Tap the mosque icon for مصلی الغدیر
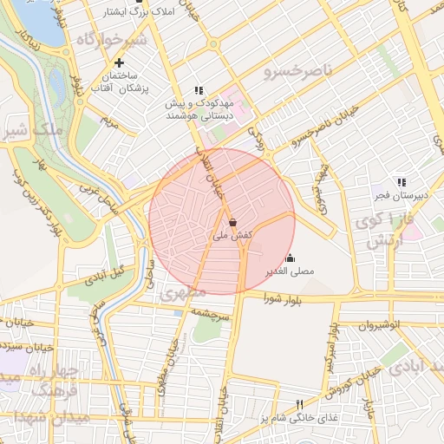(290, 258)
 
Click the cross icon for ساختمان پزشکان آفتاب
(119, 62)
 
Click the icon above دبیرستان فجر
(400, 182)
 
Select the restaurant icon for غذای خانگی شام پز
(300, 404)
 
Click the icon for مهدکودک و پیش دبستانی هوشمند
(199, 89)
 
